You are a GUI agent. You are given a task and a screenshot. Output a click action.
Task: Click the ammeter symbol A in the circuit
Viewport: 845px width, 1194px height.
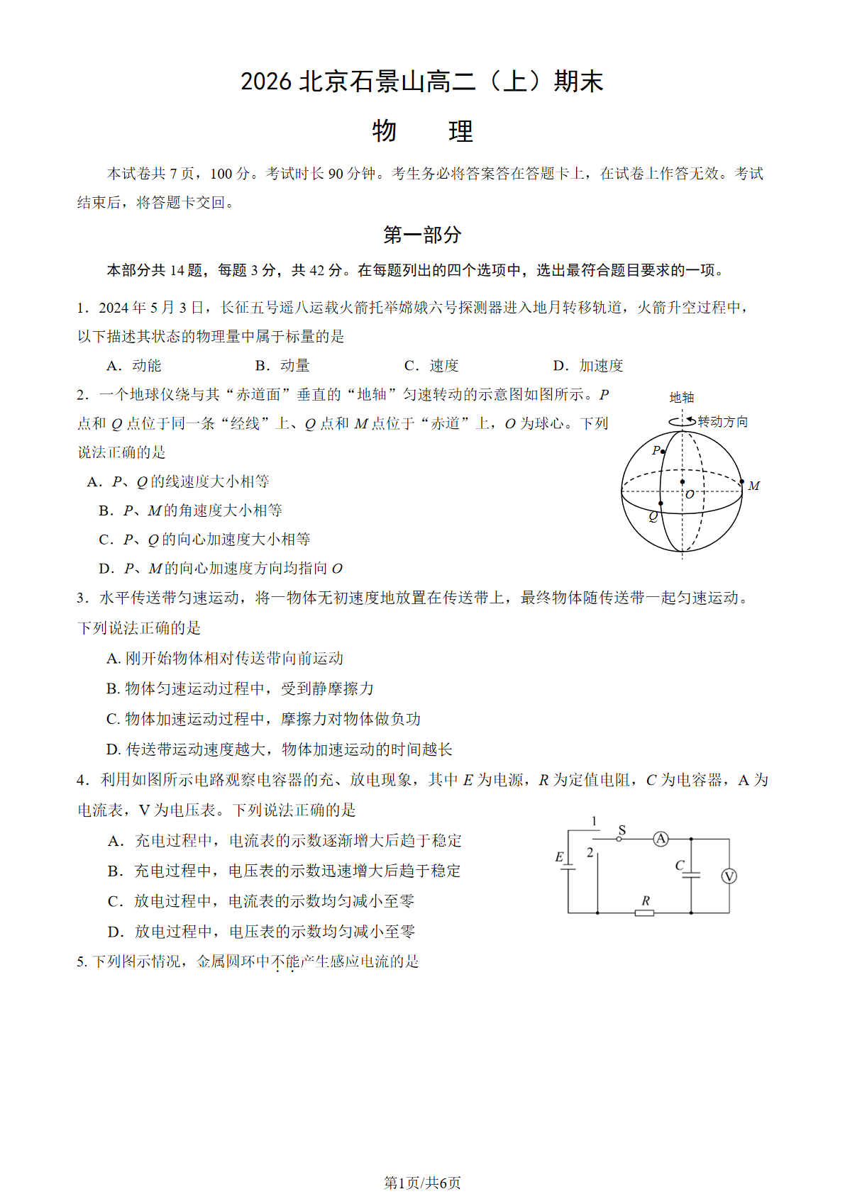coord(661,839)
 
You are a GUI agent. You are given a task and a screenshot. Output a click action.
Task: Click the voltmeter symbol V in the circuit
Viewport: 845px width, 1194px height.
coord(729,876)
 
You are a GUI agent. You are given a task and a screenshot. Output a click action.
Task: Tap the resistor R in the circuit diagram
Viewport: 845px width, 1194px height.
coord(644,913)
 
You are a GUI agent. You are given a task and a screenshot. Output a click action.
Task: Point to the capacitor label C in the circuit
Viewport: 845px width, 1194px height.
coord(679,865)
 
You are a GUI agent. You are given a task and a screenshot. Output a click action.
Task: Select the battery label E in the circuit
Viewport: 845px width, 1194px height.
coord(559,857)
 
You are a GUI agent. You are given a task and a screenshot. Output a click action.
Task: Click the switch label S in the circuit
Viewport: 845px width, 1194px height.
coord(622,830)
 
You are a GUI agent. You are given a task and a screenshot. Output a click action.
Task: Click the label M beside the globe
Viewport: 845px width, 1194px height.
coord(753,486)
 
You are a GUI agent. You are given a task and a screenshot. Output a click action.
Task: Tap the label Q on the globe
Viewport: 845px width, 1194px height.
coord(653,516)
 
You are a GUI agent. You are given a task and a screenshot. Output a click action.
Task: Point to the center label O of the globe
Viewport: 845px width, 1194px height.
coord(689,494)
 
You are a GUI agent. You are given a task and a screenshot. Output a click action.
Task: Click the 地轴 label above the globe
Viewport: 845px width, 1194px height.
coord(682,397)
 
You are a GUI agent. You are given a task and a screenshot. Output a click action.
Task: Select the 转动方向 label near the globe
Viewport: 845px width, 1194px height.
coord(722,422)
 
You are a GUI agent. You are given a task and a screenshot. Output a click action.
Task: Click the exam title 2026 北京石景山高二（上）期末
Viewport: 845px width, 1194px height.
coord(422,82)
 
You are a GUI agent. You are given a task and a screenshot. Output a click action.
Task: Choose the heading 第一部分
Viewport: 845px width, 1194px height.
coord(422,235)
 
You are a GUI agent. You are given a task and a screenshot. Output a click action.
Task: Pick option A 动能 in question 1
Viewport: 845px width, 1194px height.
coord(135,366)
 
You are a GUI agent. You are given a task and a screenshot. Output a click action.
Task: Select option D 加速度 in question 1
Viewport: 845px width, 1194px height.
coord(588,366)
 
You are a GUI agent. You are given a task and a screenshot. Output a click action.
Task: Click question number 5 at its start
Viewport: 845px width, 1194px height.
coord(82,961)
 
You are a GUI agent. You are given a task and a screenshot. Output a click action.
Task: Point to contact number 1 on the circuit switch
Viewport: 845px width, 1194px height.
coord(594,821)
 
